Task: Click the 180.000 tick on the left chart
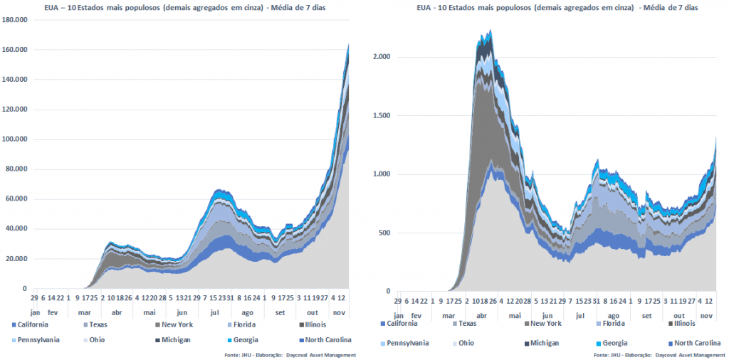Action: [14, 20]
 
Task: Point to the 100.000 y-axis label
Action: [14, 139]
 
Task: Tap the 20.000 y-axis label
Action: [16, 259]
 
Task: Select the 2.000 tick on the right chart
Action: [384, 57]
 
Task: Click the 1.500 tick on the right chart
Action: [384, 116]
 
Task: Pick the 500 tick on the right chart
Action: [387, 233]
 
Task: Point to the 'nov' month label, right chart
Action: [706, 314]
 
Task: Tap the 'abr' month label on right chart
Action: [481, 314]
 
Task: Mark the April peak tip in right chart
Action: [491, 30]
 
